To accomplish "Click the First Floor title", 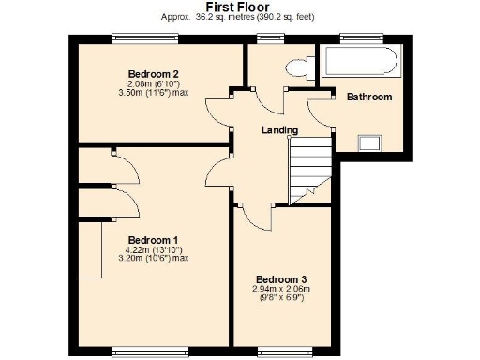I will pos(240,7).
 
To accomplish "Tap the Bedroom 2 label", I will pos(153,73).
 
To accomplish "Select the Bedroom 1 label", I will pos(153,238).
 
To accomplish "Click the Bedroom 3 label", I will pos(281,279).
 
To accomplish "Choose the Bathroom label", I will pos(369,97).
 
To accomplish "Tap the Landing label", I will pos(280,130).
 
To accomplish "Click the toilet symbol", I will pos(301,67).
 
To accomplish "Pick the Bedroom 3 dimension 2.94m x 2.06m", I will pos(281,290).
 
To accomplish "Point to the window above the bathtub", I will pos(362,37).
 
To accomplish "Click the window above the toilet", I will pos(271,37).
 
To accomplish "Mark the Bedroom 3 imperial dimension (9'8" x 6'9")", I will pos(281,299).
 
